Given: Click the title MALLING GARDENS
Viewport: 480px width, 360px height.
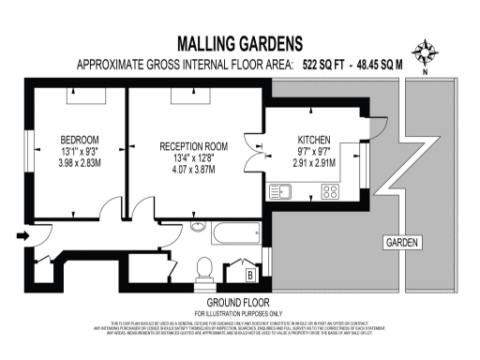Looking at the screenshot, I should point(240,43).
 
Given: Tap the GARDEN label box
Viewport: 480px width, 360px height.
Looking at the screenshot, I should point(403,243).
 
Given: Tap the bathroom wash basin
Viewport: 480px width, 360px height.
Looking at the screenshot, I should point(198,226).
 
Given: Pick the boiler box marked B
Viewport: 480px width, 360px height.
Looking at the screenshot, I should point(250,275).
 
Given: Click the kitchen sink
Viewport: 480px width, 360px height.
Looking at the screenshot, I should point(281,191).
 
